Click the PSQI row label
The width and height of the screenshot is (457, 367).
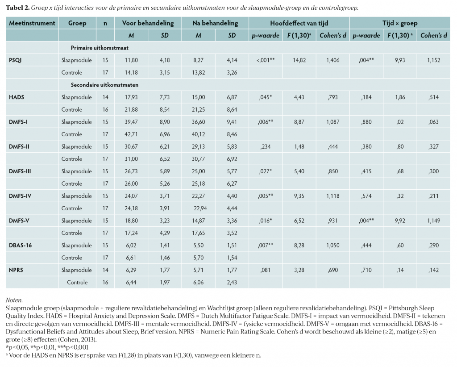15,60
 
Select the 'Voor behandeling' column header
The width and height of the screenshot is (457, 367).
148,23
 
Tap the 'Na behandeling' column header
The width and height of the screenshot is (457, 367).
215,23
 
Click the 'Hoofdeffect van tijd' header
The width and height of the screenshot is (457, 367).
299,23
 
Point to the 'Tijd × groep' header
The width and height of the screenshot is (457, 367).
400,23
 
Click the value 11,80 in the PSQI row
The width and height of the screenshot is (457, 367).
131,60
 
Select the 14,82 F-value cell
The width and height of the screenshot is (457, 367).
299,60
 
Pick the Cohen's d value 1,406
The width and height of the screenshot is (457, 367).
333,60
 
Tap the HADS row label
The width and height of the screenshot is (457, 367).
17,97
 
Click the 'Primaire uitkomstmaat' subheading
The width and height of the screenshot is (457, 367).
100,48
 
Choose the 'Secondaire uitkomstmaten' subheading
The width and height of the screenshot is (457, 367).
104,85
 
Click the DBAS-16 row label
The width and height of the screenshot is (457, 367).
21,246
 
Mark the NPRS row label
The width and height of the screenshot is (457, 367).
16,270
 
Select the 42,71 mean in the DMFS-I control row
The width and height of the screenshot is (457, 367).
131,134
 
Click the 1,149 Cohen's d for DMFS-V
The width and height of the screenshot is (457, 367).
434,221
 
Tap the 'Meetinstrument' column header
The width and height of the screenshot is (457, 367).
32,23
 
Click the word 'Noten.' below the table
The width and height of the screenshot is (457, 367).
14,300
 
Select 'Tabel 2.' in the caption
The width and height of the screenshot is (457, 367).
17,8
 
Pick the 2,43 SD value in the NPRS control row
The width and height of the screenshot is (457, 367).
232,283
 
